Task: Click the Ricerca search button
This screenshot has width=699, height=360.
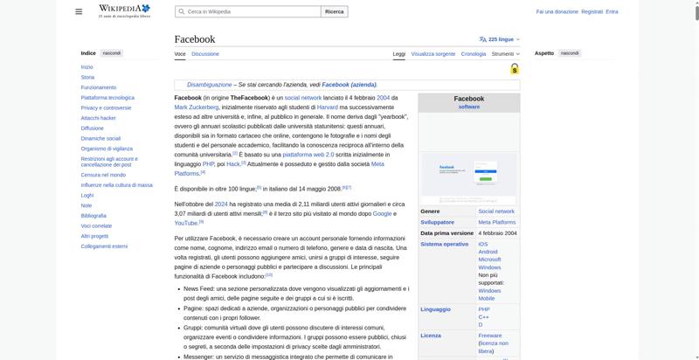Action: tap(335, 11)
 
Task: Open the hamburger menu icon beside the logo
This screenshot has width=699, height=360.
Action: tap(79, 11)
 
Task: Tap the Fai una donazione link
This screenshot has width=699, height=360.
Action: tap(557, 11)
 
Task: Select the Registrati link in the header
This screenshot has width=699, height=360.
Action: tap(592, 11)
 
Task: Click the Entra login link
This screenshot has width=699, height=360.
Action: tap(612, 11)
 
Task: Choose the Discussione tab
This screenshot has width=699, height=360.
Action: tap(205, 54)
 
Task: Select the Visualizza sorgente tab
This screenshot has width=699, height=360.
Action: tap(433, 54)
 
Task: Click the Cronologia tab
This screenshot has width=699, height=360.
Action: tap(474, 54)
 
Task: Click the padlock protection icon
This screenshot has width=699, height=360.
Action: tap(515, 69)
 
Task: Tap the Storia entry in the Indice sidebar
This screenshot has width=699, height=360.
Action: tap(87, 77)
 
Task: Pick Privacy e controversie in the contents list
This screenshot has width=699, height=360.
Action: tap(106, 107)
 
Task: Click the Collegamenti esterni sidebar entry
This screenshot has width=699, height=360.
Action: tap(104, 246)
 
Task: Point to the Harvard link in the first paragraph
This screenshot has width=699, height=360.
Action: tap(327, 107)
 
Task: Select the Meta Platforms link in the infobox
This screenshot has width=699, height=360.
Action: tap(496, 222)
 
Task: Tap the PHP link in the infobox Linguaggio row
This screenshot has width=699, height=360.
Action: tap(484, 309)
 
